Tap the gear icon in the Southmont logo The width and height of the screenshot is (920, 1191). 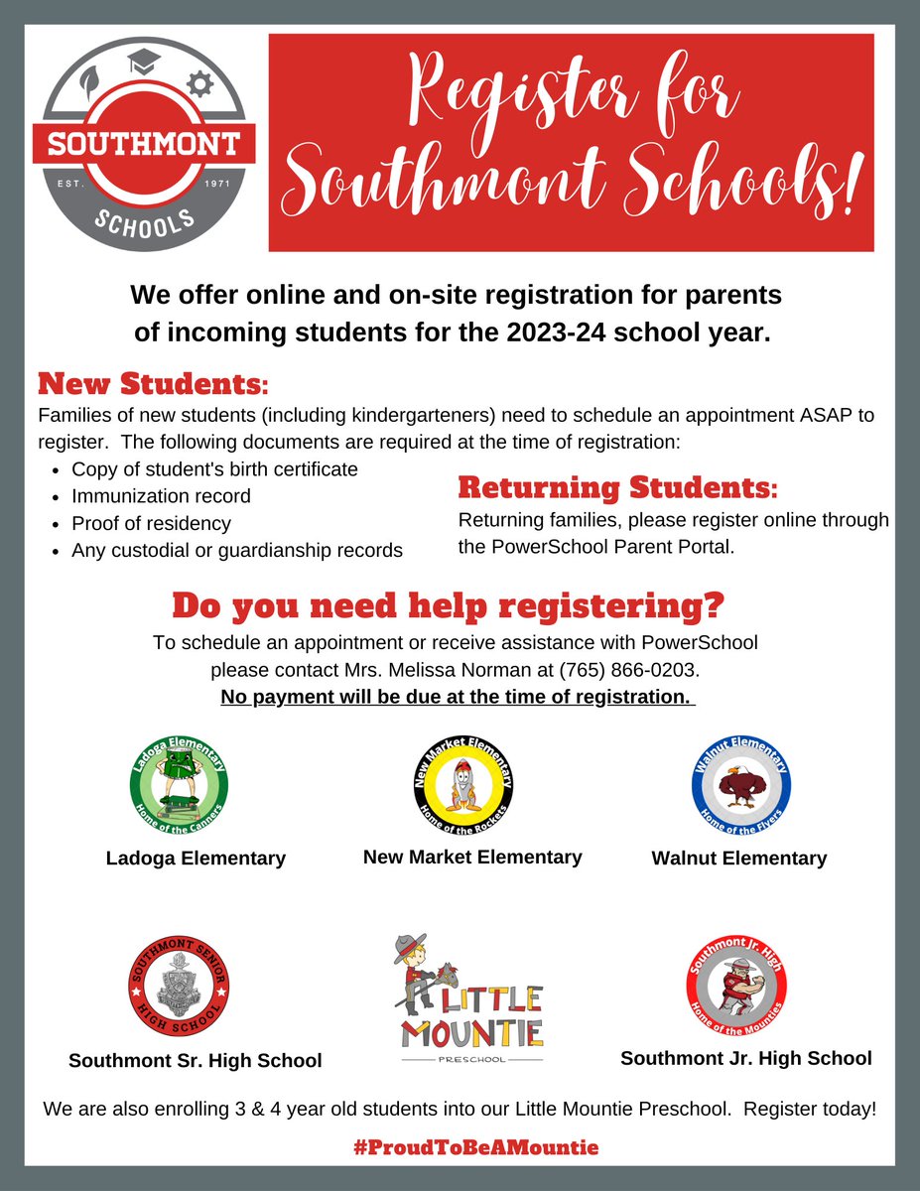(x=200, y=85)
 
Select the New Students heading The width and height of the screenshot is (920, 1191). (x=153, y=382)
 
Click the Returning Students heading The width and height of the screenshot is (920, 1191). (x=617, y=488)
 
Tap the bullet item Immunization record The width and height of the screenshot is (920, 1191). (x=161, y=495)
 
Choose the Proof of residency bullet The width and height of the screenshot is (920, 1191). (x=151, y=523)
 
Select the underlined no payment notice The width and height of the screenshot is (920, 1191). (x=457, y=697)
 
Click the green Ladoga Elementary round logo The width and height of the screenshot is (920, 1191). (x=180, y=788)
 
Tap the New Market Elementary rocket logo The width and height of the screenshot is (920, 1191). (x=462, y=789)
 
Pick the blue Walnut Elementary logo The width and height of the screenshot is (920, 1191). (x=740, y=789)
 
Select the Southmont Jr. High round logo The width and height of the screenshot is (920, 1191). (x=736, y=987)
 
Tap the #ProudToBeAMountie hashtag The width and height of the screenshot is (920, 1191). (x=475, y=1147)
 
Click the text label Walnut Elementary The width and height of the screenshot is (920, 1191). (x=738, y=859)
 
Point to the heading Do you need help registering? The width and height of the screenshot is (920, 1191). (x=449, y=605)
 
